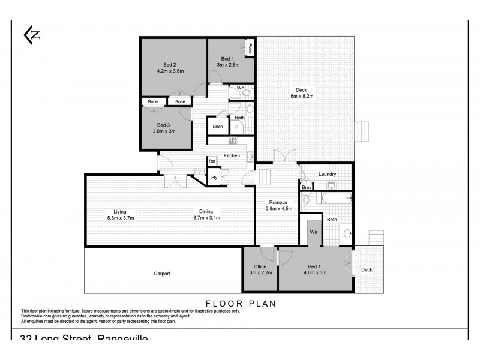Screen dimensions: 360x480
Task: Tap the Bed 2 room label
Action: tap(170, 64)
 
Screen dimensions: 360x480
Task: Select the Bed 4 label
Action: tap(227, 58)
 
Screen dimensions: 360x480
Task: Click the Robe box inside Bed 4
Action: tap(250, 47)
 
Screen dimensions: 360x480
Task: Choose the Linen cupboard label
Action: tap(217, 127)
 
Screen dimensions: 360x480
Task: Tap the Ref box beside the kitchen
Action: tap(212, 161)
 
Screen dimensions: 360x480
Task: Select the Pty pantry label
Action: tap(213, 178)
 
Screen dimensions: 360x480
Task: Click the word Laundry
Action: tap(327, 174)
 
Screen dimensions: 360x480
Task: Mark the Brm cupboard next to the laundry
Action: tap(306, 187)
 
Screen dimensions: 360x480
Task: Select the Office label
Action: tap(260, 267)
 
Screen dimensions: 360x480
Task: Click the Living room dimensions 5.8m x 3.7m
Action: tap(120, 217)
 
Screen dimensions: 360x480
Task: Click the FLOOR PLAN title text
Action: tap(241, 304)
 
